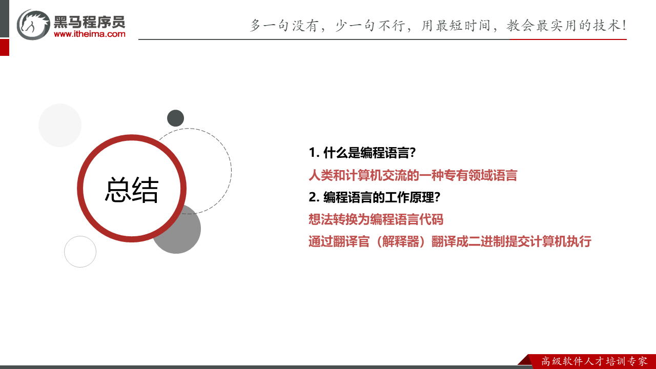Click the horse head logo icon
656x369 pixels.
click(x=33, y=24)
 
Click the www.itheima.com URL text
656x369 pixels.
click(x=89, y=34)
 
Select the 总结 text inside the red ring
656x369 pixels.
click(x=132, y=190)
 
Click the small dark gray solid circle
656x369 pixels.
click(x=175, y=118)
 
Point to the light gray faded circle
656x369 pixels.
click(x=60, y=125)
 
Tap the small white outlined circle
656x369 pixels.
click(x=80, y=252)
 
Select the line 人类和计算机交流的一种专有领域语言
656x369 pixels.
click(x=413, y=175)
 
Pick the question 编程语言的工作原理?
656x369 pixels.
click(x=382, y=197)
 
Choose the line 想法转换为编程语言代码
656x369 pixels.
click(x=376, y=219)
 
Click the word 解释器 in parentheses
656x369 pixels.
click(x=398, y=241)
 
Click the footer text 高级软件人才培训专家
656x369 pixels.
click(x=594, y=361)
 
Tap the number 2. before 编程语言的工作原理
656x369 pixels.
click(x=314, y=197)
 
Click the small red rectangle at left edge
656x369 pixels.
click(x=4, y=47)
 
